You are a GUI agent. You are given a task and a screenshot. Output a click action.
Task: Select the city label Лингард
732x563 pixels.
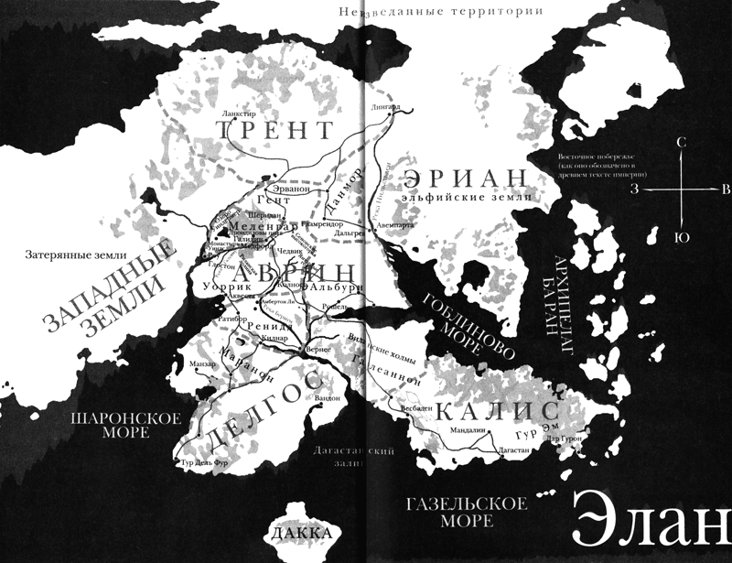(385, 106)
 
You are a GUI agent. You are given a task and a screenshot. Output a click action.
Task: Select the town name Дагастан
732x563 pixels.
(490, 451)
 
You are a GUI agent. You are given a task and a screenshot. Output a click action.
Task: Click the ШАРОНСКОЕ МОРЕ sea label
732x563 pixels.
(114, 426)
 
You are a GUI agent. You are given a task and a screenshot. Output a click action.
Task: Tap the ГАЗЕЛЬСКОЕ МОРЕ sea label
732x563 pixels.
(467, 513)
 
